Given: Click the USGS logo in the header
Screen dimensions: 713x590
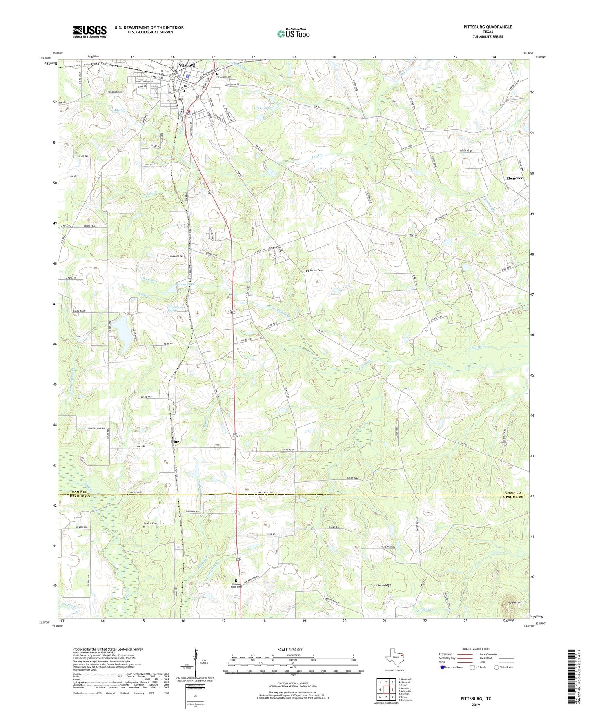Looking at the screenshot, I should (89, 31).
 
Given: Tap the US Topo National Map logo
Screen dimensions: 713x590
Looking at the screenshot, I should (293, 33).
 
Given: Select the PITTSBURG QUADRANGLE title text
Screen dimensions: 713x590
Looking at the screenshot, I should (488, 27).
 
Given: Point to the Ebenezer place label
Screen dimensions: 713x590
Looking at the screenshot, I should (514, 178).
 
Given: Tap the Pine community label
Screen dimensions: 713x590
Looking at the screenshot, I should (175, 442).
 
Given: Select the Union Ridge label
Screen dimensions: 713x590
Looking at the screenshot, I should (383, 585).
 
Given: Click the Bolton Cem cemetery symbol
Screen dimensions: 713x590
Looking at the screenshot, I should (307, 271).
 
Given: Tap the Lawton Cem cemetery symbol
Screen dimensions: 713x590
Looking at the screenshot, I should (144, 527).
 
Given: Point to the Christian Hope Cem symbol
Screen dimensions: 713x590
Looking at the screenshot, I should (236, 581).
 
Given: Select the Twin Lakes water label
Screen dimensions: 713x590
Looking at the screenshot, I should (262, 108).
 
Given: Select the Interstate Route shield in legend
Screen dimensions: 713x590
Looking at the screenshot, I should (443, 667).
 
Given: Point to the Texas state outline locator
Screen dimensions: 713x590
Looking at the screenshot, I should (394, 659).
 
